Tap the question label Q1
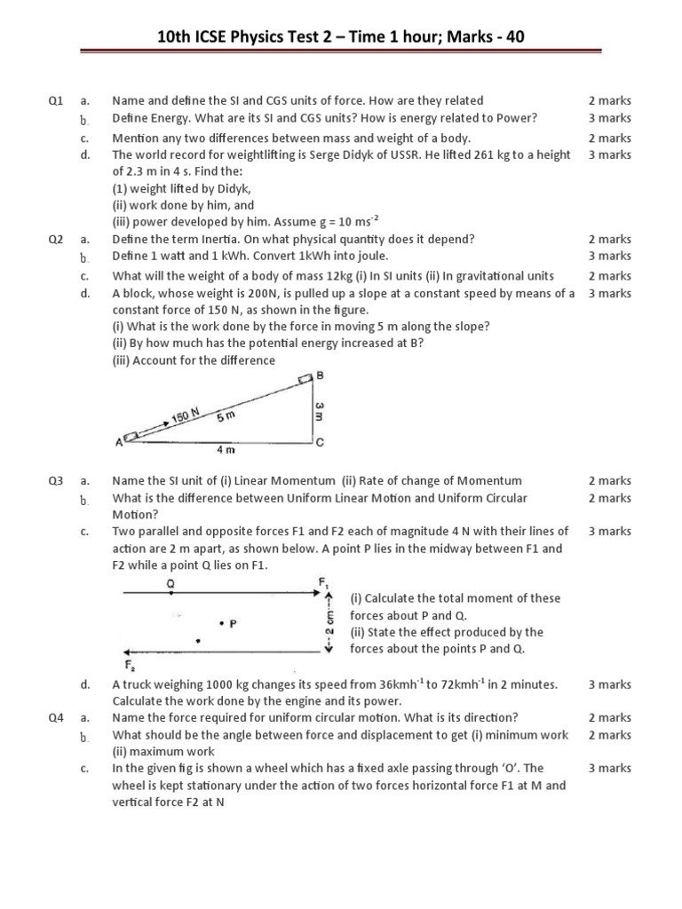pyautogui.click(x=56, y=101)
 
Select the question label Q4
pyautogui.click(x=56, y=717)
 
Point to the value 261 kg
pyautogui.click(x=514, y=154)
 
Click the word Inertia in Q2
pyautogui.click(x=215, y=239)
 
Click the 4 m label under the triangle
pyautogui.click(x=226, y=450)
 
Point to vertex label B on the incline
pyautogui.click(x=321, y=375)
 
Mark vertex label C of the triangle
pyautogui.click(x=321, y=441)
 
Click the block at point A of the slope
pyautogui.click(x=131, y=437)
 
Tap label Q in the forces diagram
pyautogui.click(x=170, y=583)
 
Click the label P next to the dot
pyautogui.click(x=233, y=623)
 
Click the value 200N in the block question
pyautogui.click(x=234, y=293)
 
